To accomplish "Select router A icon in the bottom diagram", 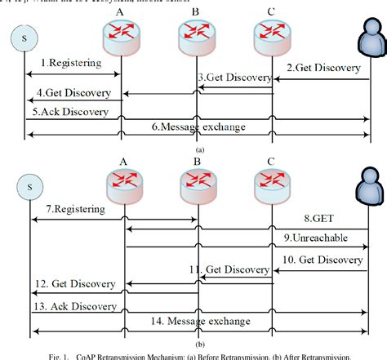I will (122, 183).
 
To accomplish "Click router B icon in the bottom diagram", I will (197, 183).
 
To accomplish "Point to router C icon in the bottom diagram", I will (270, 183).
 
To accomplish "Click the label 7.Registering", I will (75, 210).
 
